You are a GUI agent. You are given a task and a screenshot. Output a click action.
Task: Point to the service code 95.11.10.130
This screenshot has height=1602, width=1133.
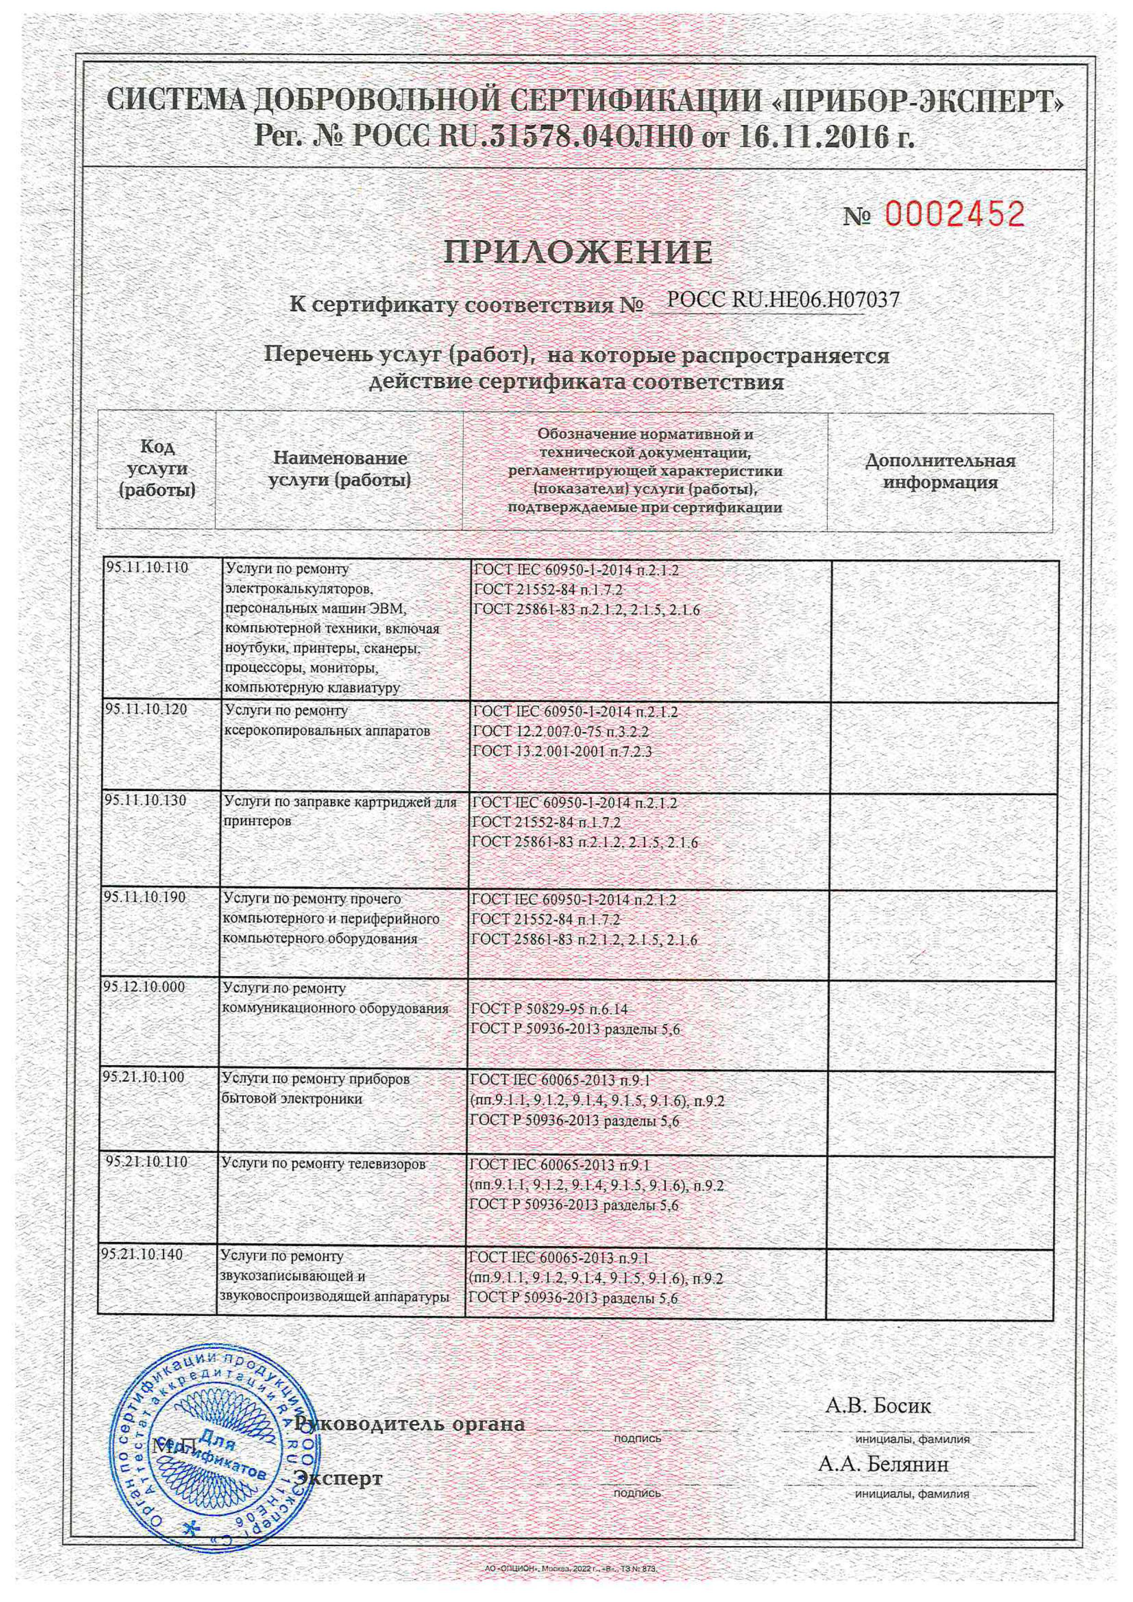[146, 800]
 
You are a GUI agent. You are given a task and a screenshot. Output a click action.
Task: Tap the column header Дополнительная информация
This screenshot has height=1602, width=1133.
[940, 471]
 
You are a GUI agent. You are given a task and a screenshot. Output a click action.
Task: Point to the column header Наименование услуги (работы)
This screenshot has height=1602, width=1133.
[339, 469]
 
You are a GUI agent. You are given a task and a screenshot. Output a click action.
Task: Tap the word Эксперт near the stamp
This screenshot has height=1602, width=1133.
[339, 1477]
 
